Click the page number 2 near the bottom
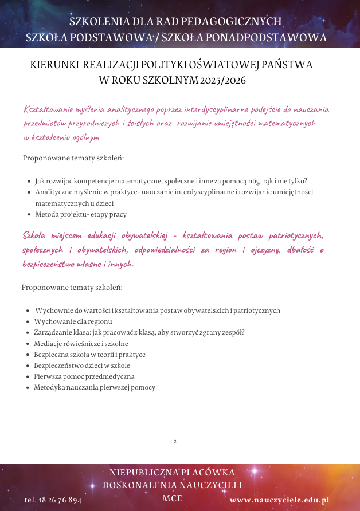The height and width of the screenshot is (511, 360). coord(174,442)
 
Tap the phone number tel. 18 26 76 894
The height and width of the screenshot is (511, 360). coord(53,500)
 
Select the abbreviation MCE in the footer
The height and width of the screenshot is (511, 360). coord(172,498)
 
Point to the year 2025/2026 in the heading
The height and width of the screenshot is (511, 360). coord(223,80)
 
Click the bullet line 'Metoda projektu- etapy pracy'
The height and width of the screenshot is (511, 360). coord(80,214)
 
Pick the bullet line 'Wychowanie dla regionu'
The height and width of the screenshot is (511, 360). coord(73,321)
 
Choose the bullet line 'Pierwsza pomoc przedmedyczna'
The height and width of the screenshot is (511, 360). coord(84,376)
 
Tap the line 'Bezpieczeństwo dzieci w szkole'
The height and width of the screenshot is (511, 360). coord(82,365)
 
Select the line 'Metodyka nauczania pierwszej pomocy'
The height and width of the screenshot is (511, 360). coord(95,387)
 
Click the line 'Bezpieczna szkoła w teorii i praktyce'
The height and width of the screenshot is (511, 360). coord(89,355)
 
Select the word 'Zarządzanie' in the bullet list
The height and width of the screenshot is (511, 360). coord(52,332)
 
